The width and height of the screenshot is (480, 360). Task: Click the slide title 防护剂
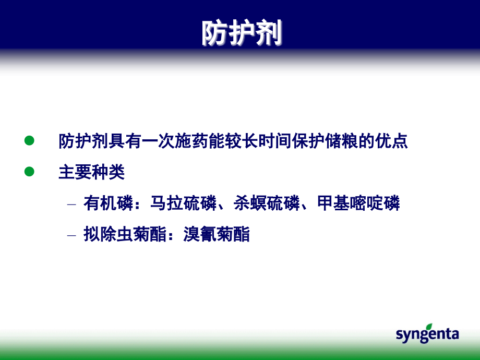[242, 33]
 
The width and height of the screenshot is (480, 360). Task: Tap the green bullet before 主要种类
[29, 172]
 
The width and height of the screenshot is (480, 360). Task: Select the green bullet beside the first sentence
[29, 140]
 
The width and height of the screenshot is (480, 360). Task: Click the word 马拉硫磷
[183, 203]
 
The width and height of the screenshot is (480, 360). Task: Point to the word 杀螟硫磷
[267, 203]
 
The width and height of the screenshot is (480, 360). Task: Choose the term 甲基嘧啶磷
[358, 203]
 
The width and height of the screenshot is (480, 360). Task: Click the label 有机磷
[109, 203]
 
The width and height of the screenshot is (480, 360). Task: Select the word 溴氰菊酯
[217, 234]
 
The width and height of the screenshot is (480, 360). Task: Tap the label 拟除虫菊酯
[125, 234]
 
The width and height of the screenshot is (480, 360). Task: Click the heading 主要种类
[91, 172]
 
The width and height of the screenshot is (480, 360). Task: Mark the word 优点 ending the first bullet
[391, 141]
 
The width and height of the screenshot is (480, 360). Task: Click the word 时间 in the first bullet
[275, 141]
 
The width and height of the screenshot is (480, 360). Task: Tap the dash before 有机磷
[71, 204]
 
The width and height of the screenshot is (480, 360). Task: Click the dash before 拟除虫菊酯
[71, 235]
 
